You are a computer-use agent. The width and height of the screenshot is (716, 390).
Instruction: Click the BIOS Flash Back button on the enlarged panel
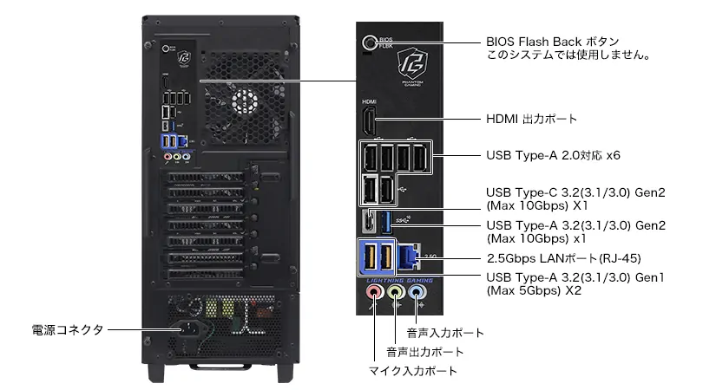(x=369, y=42)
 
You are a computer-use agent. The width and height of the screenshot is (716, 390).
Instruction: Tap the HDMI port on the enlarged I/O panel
(x=369, y=121)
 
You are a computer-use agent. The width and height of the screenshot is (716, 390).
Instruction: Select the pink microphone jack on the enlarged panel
(x=374, y=291)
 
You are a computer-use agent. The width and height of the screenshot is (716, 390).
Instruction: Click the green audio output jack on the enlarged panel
(x=395, y=291)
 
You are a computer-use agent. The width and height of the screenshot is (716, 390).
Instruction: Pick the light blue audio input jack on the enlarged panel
(x=416, y=291)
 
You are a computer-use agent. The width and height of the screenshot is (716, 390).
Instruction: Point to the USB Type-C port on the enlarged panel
(x=370, y=220)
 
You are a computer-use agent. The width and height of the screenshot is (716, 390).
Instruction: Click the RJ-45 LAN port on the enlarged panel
(x=408, y=257)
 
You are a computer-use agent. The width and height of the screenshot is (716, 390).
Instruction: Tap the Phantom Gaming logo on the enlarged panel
(x=413, y=66)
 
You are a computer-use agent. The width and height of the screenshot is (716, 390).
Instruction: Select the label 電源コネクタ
(x=68, y=330)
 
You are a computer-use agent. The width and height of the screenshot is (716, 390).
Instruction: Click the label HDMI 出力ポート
(x=531, y=119)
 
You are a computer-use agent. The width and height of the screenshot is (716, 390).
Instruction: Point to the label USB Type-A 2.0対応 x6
(x=553, y=155)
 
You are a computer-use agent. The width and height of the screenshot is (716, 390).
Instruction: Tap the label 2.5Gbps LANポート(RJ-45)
(x=564, y=258)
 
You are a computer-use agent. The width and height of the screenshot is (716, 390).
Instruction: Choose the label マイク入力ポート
(x=413, y=371)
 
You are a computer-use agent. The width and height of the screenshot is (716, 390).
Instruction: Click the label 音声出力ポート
(x=425, y=352)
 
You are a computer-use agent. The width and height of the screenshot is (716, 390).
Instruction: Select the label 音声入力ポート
(x=445, y=333)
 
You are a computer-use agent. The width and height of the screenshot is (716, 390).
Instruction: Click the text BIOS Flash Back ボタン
(x=553, y=42)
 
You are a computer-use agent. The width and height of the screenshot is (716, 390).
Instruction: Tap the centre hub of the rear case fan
(x=245, y=101)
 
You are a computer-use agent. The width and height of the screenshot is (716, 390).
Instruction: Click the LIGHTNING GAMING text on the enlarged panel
(x=399, y=281)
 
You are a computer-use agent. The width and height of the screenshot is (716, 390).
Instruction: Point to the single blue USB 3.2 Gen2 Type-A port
(x=386, y=221)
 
